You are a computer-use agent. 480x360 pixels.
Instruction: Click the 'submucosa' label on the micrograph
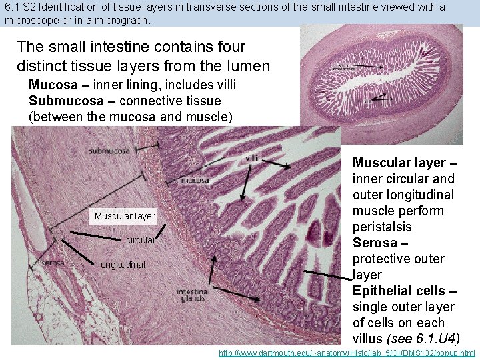coord(109,151)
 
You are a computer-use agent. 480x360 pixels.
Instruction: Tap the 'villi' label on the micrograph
coord(252,158)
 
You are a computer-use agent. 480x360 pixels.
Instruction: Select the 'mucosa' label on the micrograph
coord(195,180)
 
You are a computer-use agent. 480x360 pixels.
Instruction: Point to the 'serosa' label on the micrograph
coord(53,263)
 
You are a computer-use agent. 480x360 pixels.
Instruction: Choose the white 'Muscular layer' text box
coord(125,216)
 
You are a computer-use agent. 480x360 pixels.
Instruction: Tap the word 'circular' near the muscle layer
coord(140,240)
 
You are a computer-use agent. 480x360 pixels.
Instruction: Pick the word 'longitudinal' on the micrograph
coord(121,265)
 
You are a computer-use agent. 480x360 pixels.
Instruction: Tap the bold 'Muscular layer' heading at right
coord(399,163)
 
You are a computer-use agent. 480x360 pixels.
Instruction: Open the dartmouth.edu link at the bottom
coord(347,353)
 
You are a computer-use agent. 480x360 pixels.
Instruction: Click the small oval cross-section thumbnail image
coord(381,84)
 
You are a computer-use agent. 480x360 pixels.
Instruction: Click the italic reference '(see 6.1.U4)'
coord(423,339)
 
